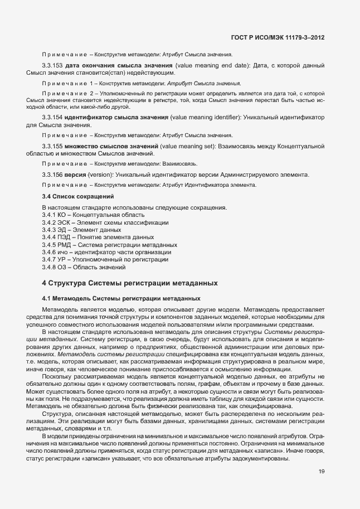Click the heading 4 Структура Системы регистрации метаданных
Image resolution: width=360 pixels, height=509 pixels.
pos(129,283)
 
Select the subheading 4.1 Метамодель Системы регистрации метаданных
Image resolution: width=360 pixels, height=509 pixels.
pos(121,298)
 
